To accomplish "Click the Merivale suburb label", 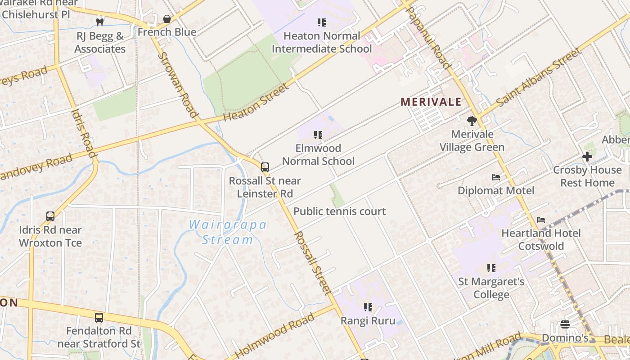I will (x=431, y=102).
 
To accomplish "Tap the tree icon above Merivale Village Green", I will (x=472, y=121).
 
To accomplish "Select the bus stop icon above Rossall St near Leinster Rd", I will (x=265, y=167).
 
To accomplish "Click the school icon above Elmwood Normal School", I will (x=318, y=135).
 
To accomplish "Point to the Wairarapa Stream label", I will (x=228, y=232).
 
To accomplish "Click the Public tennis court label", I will (x=339, y=211).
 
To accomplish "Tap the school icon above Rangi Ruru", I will (x=368, y=307).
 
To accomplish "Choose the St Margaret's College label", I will (x=491, y=288).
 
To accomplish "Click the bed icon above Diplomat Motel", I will (x=496, y=177).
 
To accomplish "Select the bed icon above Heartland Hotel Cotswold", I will (x=541, y=220).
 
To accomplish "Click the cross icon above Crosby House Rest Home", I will (x=587, y=157).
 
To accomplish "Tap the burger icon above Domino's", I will (x=565, y=324).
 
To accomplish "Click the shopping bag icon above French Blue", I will (x=166, y=19).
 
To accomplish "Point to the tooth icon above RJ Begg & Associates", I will (x=100, y=22).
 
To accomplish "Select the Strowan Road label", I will (x=179, y=85).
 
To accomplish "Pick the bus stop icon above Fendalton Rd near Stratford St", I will (x=99, y=318).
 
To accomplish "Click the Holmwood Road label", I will (x=275, y=335).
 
